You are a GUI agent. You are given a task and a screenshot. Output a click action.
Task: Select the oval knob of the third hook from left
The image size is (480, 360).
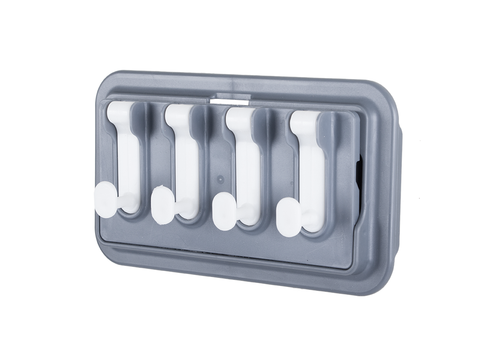pyautogui.click(x=223, y=211)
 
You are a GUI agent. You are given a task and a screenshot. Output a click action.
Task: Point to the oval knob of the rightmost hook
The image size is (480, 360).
pyautogui.click(x=288, y=217)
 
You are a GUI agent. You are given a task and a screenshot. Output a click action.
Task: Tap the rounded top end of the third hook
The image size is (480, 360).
pyautogui.click(x=238, y=117)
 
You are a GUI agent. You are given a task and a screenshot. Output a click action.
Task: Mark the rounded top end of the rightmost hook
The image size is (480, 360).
pyautogui.click(x=303, y=121)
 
